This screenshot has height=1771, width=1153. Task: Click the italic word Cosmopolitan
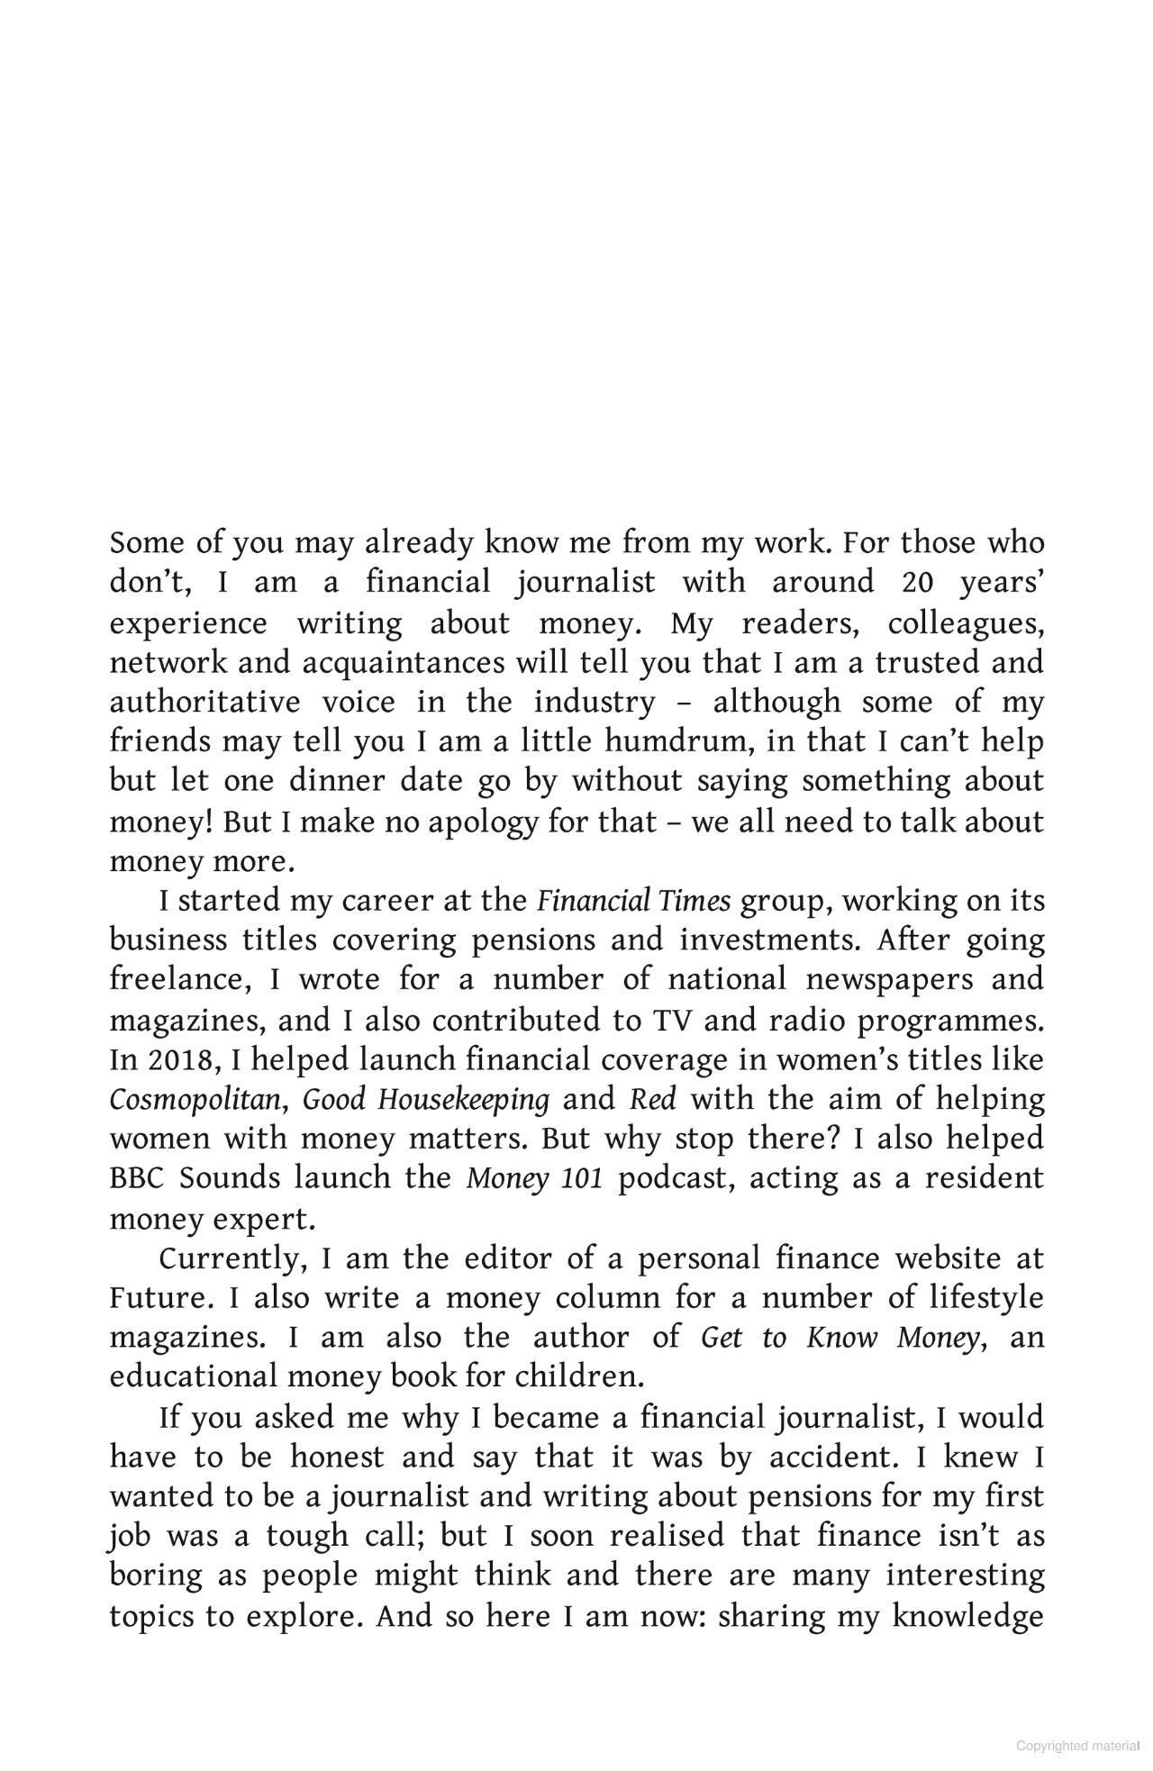tap(195, 1099)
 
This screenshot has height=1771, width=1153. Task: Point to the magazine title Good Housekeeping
tap(426, 1099)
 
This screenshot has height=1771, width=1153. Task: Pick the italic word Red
tap(653, 1099)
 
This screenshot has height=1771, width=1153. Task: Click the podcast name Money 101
tap(534, 1178)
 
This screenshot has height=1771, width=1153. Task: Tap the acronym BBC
tap(140, 1178)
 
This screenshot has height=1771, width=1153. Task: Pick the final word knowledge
tap(968, 1616)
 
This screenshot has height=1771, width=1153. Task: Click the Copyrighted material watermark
tap(1077, 1746)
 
